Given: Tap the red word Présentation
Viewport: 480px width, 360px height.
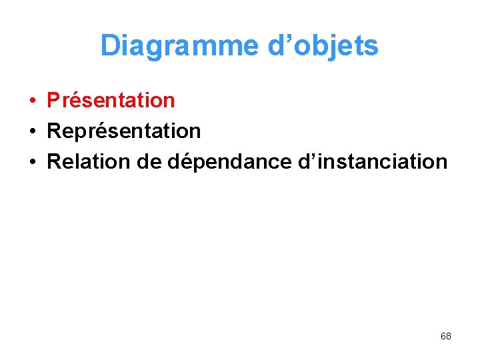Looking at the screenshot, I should (x=111, y=101).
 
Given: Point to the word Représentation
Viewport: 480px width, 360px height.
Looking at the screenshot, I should (x=124, y=131).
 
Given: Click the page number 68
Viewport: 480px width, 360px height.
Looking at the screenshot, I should (x=446, y=336).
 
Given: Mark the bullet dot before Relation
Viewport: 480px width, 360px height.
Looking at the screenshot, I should (x=32, y=162).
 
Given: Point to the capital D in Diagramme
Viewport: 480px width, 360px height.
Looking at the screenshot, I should (x=109, y=46).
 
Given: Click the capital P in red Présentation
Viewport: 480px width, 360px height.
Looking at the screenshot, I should (x=53, y=101).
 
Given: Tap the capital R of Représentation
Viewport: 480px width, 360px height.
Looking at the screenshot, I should (x=54, y=131).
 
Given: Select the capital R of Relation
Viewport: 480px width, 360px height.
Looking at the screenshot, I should (x=54, y=161).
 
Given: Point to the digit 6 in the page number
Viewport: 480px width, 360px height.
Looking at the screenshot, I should (x=443, y=336).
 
